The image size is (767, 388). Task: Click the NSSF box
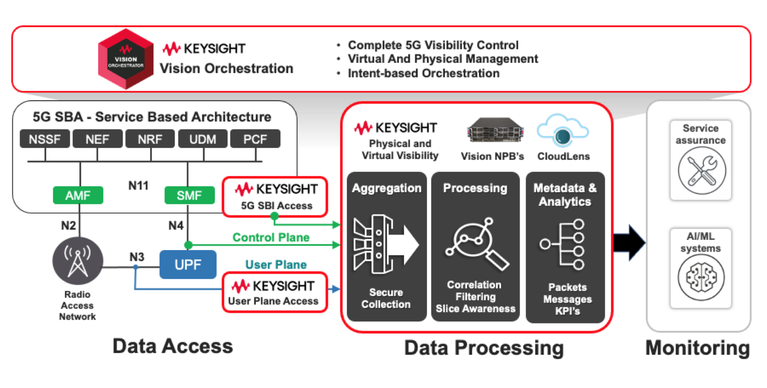pyautogui.click(x=45, y=139)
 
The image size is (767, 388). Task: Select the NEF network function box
pyautogui.click(x=97, y=139)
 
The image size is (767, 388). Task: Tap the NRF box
pyautogui.click(x=150, y=139)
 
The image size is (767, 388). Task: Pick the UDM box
pyautogui.click(x=203, y=139)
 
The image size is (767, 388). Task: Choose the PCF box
pyautogui.click(x=255, y=139)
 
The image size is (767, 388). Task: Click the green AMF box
pyautogui.click(x=78, y=195)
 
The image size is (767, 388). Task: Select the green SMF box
pyautogui.click(x=189, y=195)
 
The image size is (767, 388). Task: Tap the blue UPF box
pyautogui.click(x=188, y=265)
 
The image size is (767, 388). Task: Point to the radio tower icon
pyautogui.click(x=78, y=261)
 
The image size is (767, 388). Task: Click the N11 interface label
pyautogui.click(x=138, y=186)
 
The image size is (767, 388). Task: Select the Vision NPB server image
pyautogui.click(x=495, y=131)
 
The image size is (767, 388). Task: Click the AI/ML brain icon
pyautogui.click(x=701, y=277)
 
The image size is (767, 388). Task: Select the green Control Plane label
pyautogui.click(x=271, y=237)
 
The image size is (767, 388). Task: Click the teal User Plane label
pyautogui.click(x=276, y=264)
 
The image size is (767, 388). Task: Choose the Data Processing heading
pyautogui.click(x=484, y=348)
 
